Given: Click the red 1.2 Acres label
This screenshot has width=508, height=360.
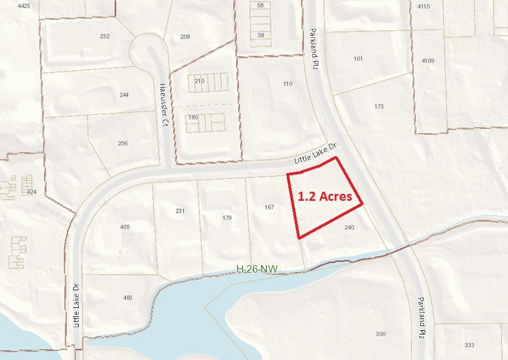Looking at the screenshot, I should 324,196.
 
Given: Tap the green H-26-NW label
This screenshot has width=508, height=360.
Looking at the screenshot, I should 257,270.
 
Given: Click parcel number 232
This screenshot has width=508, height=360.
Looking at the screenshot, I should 104,36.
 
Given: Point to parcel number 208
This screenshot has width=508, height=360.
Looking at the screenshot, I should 185,37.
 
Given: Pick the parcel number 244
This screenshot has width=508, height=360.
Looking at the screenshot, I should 124,95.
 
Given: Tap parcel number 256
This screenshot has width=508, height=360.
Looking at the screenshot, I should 123,143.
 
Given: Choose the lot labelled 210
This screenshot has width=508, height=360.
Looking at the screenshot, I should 199,81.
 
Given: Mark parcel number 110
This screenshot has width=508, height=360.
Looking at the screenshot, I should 288,84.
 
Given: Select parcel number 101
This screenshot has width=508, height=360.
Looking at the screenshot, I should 358,59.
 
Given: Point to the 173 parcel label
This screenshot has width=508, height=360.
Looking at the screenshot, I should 379,107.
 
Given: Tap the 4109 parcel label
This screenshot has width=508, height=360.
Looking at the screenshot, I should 428,61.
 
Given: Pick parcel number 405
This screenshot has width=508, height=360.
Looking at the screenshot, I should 125,227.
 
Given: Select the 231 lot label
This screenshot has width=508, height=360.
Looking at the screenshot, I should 180,211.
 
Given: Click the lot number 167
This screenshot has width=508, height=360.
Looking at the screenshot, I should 269,207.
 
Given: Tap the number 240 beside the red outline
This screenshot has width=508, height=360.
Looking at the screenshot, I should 350,227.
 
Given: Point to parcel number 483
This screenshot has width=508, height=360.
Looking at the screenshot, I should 127,298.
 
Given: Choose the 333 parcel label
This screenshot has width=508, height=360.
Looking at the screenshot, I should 469,345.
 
